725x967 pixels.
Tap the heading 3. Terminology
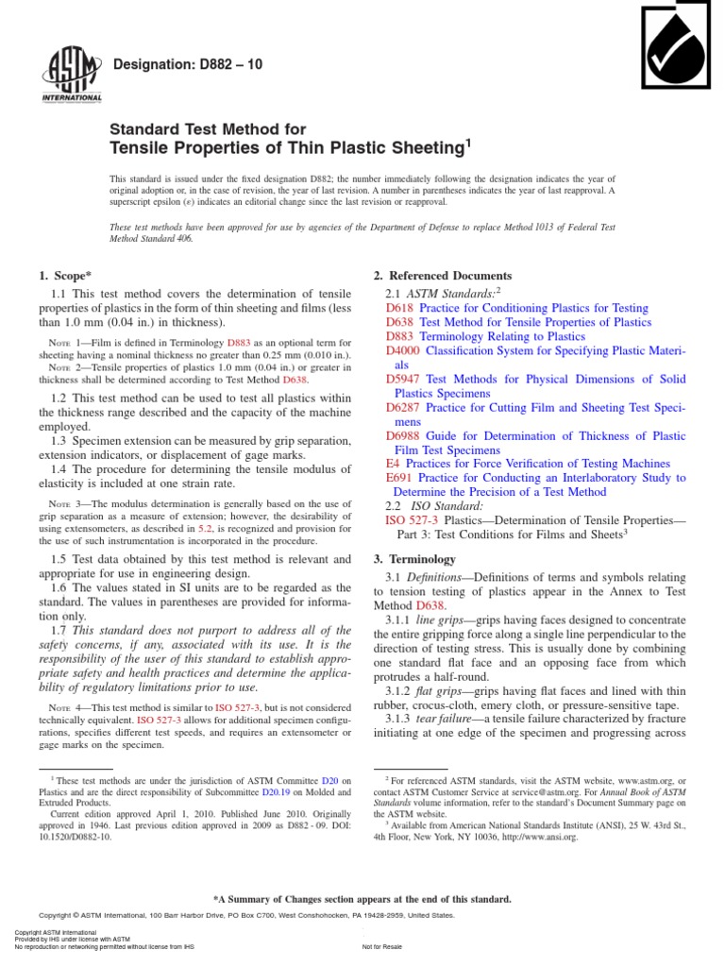415,559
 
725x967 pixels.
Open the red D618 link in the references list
400,308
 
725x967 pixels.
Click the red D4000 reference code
405,350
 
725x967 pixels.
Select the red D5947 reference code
405,379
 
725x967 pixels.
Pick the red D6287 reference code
405,407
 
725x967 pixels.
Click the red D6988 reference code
405,435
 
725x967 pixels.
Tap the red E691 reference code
400,478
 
